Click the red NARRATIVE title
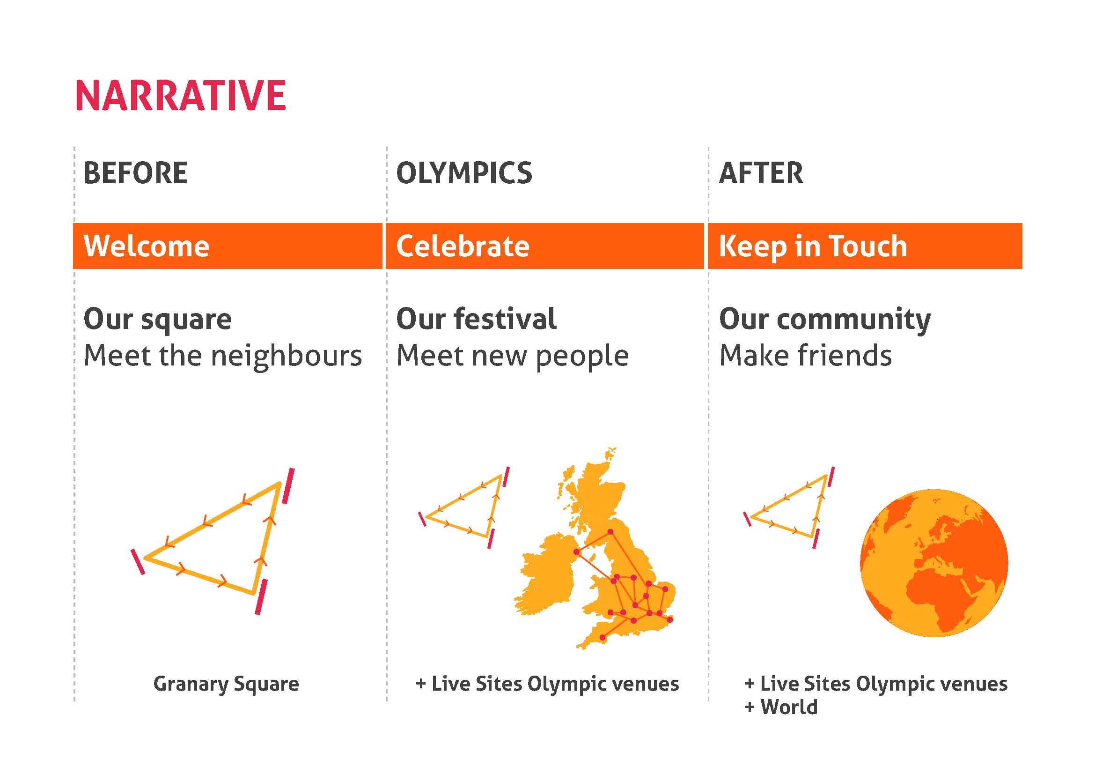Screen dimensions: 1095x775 (181, 96)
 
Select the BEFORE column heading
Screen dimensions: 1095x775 (135, 173)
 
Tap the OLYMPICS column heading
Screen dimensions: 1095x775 (464, 173)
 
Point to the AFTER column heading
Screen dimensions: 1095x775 (761, 173)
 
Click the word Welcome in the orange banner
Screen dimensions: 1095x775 (147, 246)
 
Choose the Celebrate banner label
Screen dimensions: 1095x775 (463, 246)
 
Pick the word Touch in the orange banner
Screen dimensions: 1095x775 (868, 246)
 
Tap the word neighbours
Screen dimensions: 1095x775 (286, 356)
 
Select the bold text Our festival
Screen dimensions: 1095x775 (476, 319)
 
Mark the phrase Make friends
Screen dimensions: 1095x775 (806, 356)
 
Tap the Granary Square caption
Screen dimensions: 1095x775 (226, 684)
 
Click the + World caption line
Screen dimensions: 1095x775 (781, 707)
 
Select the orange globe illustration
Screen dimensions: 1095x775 (934, 563)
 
